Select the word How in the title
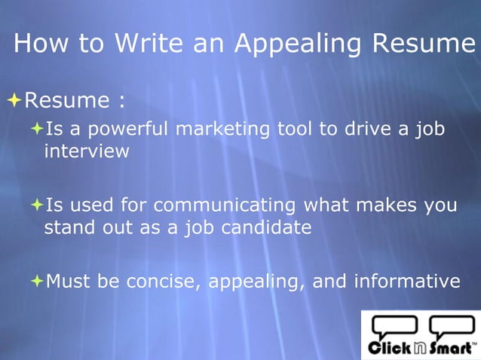click(42, 43)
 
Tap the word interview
click(87, 151)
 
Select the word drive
click(365, 130)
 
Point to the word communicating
click(225, 205)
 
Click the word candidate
click(265, 227)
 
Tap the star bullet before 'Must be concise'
click(37, 281)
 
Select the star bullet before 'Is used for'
click(37, 205)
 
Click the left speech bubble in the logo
click(393, 326)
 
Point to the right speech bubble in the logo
click(452, 326)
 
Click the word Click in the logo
click(389, 348)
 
